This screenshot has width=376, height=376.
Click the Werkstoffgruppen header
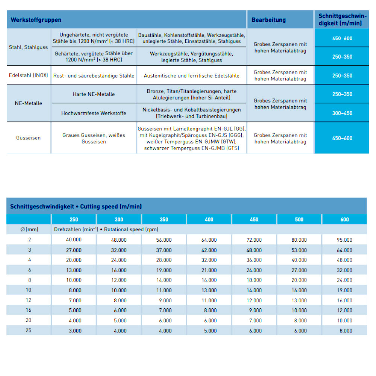(x=36, y=20)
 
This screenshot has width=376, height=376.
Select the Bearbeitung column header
(x=268, y=20)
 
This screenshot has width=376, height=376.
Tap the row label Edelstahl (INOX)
(x=29, y=75)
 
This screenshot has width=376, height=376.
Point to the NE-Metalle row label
(x=29, y=103)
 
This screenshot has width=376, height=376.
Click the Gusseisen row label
(x=29, y=138)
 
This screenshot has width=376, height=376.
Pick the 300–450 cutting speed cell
(x=342, y=113)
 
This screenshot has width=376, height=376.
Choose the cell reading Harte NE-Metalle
(x=94, y=94)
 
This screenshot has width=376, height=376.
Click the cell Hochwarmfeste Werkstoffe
(x=94, y=113)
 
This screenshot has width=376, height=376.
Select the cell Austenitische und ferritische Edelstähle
(x=191, y=76)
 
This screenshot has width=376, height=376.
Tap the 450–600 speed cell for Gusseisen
(x=342, y=138)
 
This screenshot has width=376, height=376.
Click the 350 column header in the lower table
(x=164, y=220)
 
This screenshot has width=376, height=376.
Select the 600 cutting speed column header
(x=344, y=220)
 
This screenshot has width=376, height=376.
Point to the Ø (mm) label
(x=29, y=229)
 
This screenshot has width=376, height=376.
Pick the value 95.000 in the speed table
(x=344, y=240)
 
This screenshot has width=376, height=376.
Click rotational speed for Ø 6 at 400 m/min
(x=209, y=270)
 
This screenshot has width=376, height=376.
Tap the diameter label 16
(x=29, y=310)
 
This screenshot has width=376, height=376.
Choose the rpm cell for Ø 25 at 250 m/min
(x=74, y=331)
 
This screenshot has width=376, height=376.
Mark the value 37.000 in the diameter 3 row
(x=164, y=250)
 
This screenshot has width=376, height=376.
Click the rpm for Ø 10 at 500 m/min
(x=299, y=290)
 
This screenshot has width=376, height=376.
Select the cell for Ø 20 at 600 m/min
(x=344, y=320)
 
